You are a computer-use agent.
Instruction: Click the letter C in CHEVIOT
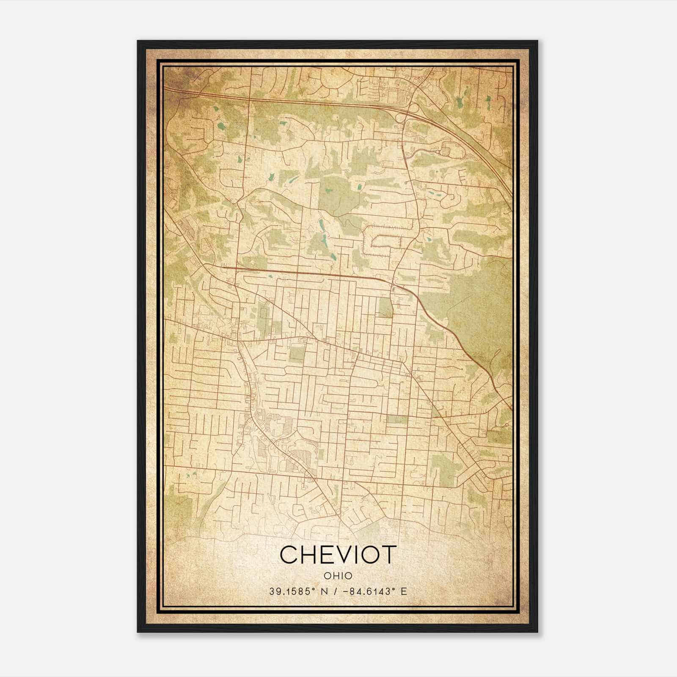coord(289,555)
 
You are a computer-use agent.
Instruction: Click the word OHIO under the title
coord(338,576)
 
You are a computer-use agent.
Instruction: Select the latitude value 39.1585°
coord(292,592)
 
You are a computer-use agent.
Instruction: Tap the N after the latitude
coord(325,592)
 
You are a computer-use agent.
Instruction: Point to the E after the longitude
coord(404,592)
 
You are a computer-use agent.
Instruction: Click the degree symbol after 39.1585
coord(314,589)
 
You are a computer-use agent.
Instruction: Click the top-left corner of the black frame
coord(138,41)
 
